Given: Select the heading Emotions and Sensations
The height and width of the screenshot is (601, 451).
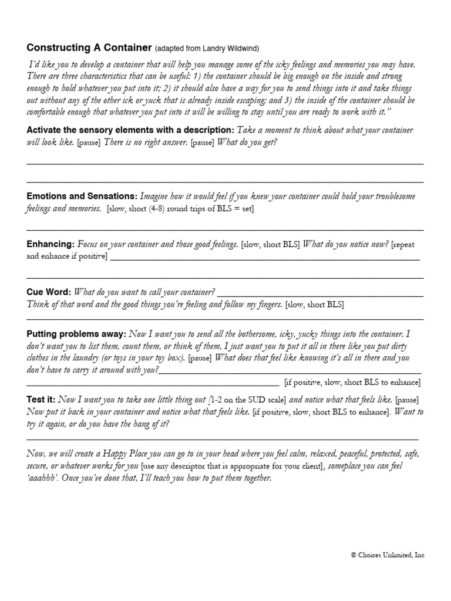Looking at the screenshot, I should pyautogui.click(x=82, y=195).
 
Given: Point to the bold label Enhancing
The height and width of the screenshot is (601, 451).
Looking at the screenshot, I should pyautogui.click(x=50, y=244).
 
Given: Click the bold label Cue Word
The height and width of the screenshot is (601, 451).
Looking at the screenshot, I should pyautogui.click(x=49, y=292).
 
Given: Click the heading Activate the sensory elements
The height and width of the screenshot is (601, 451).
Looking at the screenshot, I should pyautogui.click(x=130, y=130).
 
